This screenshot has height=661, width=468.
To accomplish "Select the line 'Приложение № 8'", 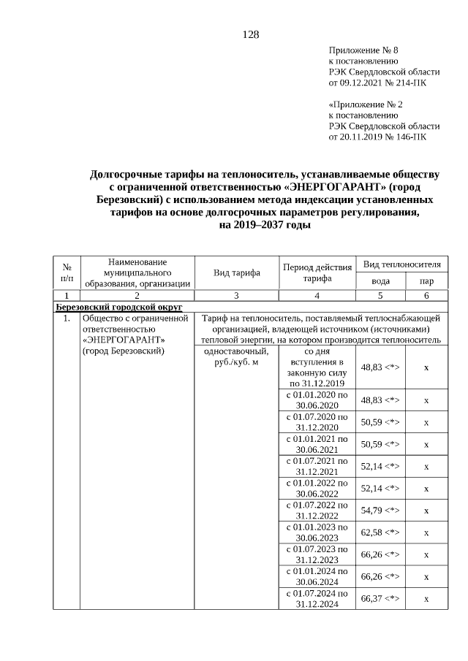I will (363, 50).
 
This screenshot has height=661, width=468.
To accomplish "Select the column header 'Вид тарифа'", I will (237, 273).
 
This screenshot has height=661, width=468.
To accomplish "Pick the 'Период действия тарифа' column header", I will (317, 272).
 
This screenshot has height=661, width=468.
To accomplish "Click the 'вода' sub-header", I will (380, 281).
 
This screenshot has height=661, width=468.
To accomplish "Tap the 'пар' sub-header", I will (426, 281).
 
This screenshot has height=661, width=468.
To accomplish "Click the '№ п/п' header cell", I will (67, 272).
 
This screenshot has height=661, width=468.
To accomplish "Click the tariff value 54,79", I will (380, 510).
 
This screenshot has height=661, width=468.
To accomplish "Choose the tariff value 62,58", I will (380, 532).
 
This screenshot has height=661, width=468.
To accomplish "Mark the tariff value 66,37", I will (380, 598).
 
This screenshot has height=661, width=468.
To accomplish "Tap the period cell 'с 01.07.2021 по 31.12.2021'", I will (317, 466).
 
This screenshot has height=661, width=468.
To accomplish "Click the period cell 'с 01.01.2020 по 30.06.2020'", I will (317, 400).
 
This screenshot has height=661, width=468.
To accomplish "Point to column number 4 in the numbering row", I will (317, 296).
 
